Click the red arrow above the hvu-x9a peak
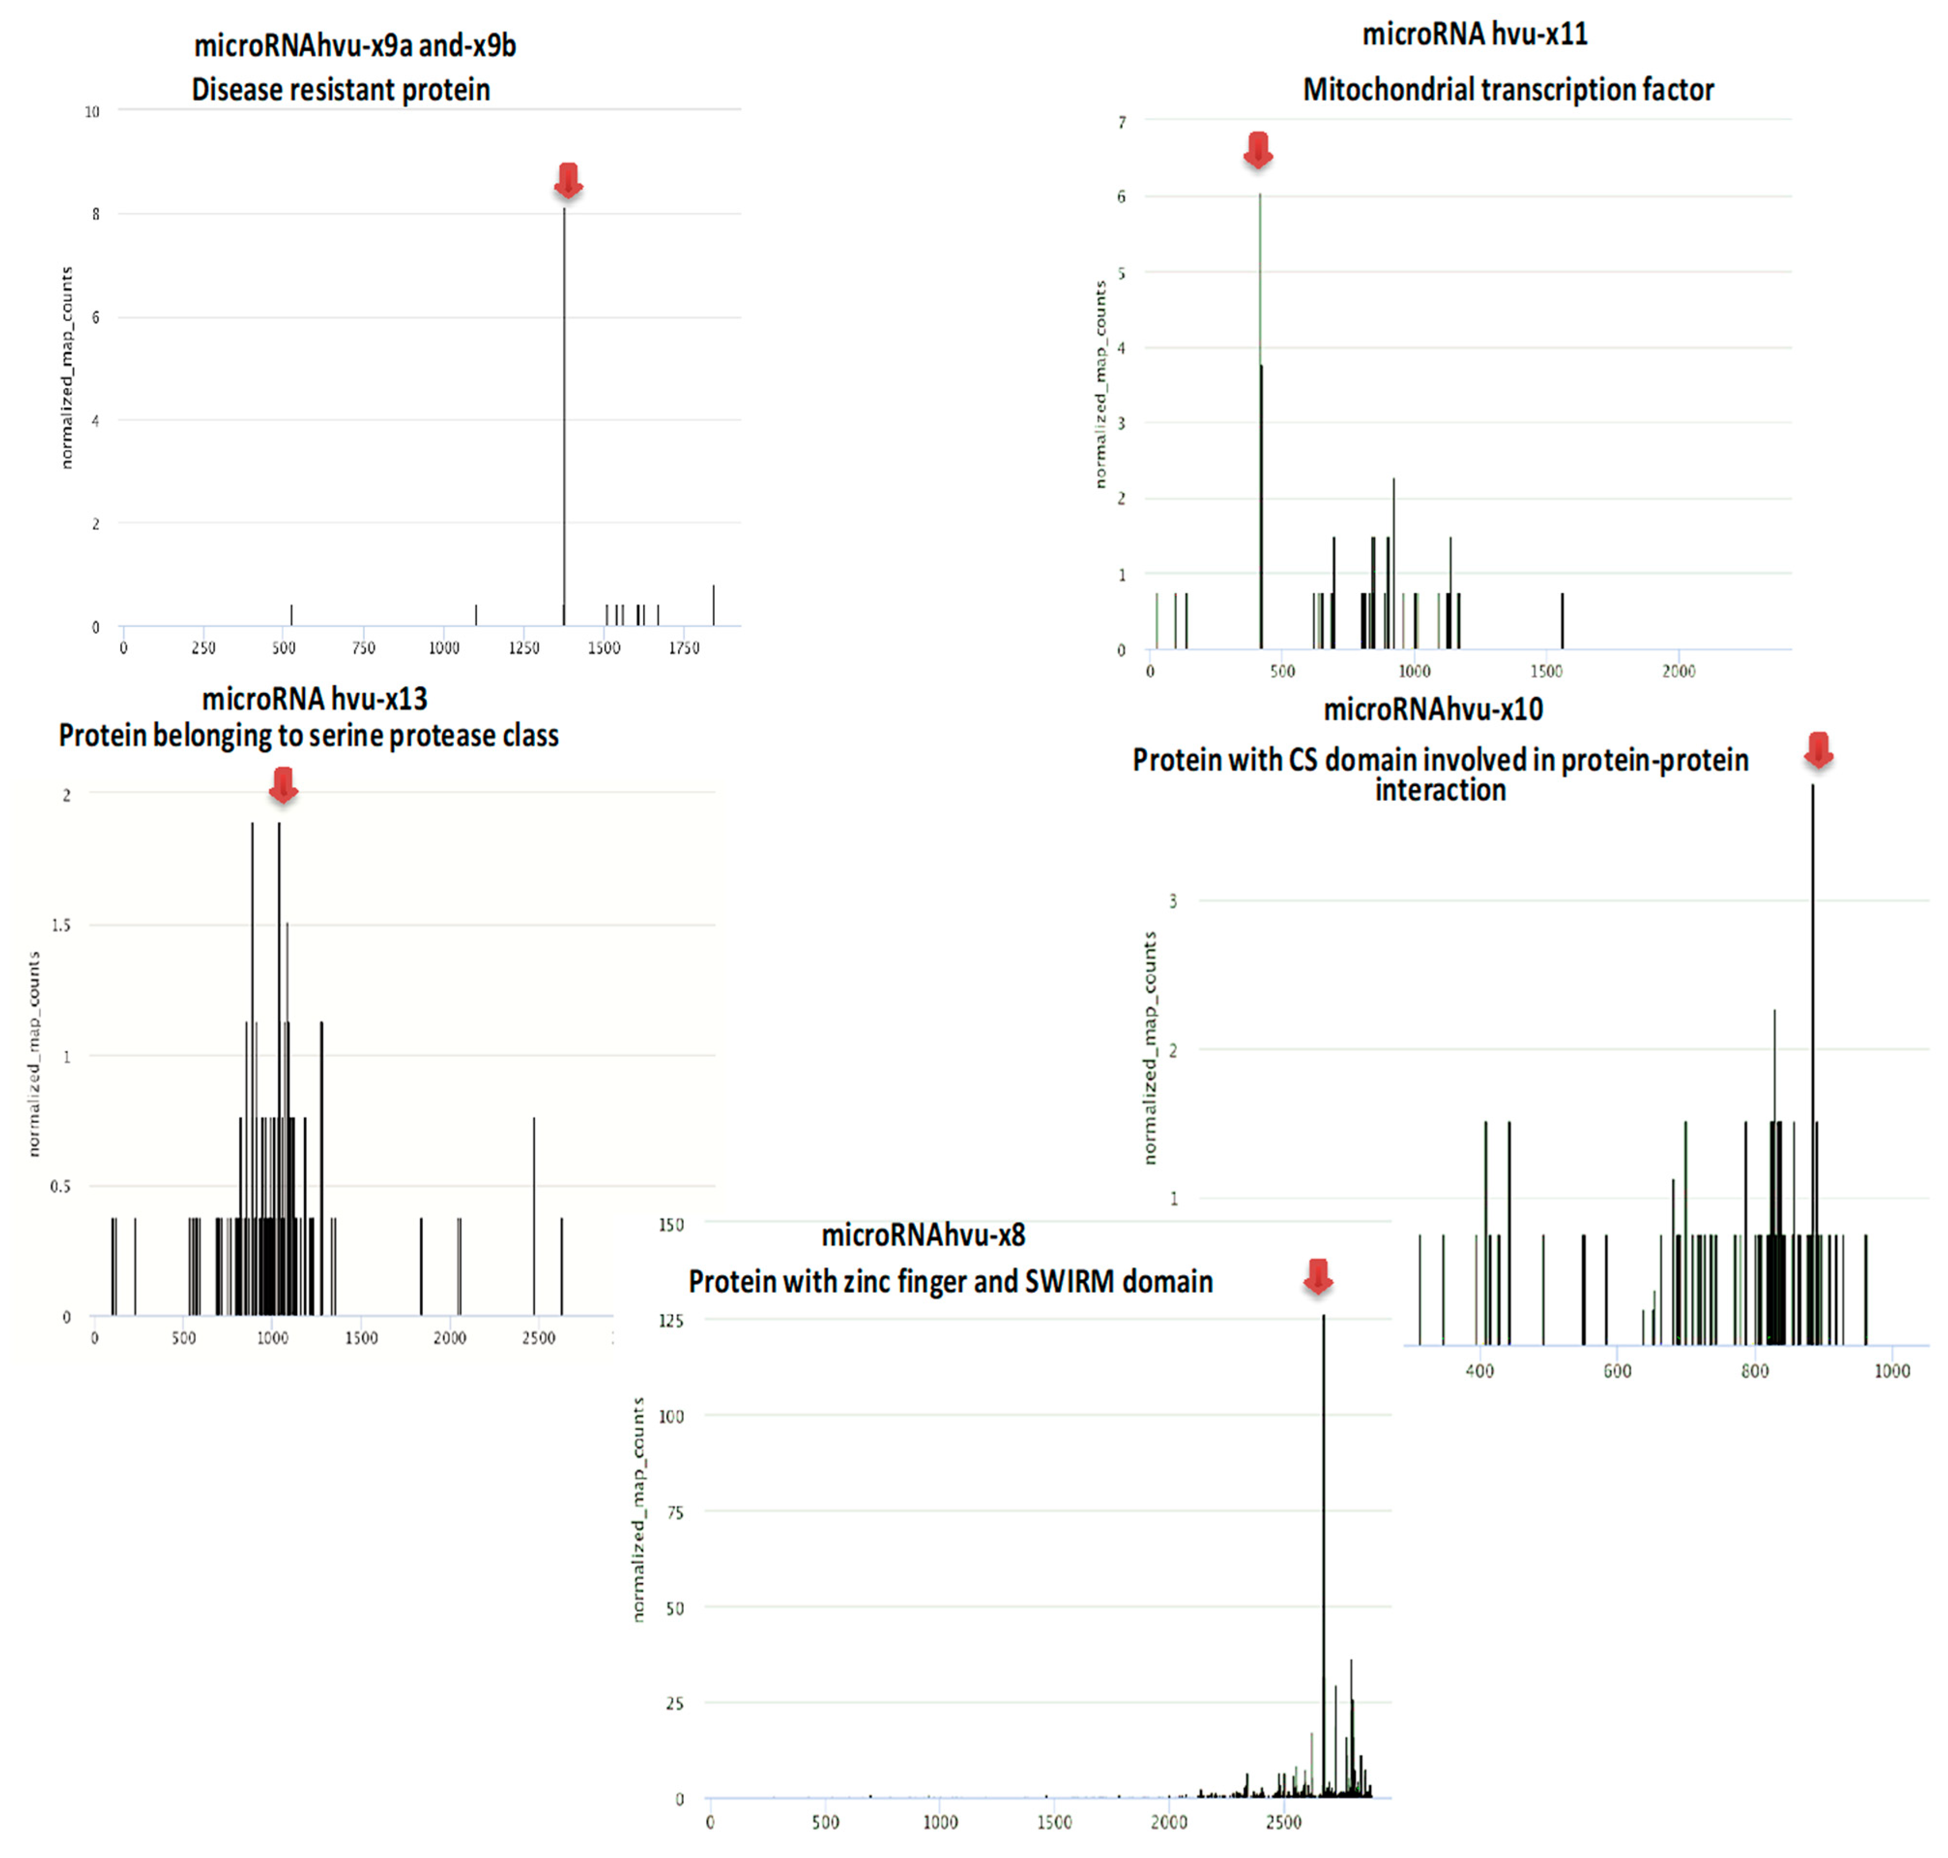567,180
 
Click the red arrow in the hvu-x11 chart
1258,149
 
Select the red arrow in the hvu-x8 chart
1317,1277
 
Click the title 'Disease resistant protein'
341,90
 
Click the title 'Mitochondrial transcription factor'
1507,90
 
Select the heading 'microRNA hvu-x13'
315,699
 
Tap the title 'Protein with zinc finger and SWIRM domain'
951,1282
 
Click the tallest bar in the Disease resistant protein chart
564,416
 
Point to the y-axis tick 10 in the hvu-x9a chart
92,112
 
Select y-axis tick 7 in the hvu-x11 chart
1122,122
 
